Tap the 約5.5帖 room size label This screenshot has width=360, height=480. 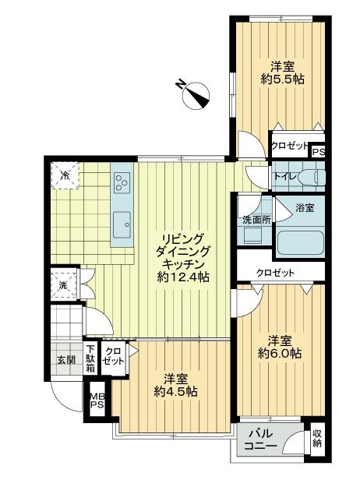281,79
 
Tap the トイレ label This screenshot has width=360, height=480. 284,177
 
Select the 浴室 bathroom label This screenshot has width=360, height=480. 305,208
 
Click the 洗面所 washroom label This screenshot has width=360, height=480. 255,220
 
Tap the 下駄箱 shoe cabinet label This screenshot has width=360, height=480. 90,358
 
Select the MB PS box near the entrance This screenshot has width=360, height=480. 97,401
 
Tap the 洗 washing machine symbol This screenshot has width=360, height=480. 63,285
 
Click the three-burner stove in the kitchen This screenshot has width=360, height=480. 122,183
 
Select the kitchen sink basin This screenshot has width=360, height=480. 122,224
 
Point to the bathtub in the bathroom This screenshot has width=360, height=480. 301,242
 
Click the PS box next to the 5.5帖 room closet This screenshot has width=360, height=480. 317,153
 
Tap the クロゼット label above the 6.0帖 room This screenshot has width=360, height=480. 276,272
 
